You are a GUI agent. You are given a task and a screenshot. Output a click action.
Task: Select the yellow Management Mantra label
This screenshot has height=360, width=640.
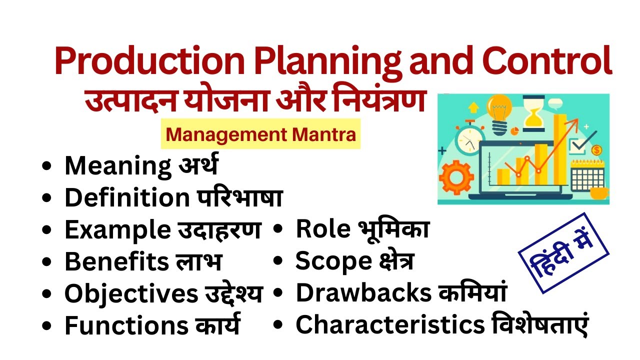click(260, 134)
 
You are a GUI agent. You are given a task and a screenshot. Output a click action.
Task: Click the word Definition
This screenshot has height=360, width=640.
click(125, 198)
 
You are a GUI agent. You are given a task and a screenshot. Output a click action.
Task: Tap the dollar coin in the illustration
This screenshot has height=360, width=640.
click(596, 150)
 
